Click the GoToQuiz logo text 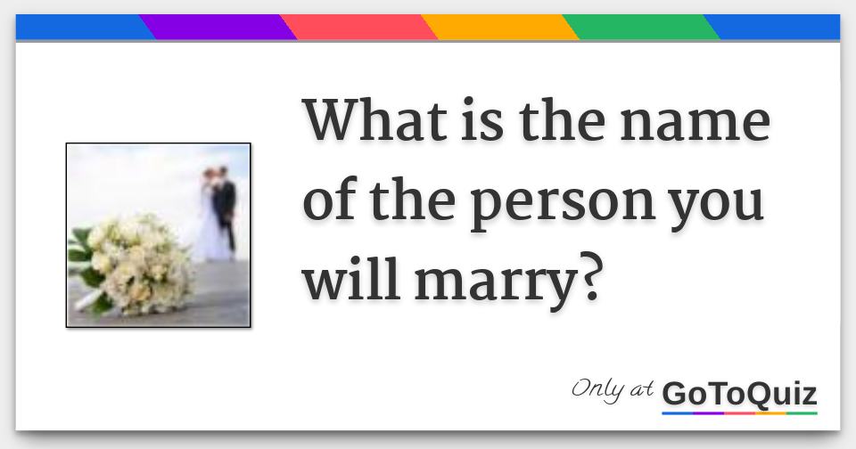coord(739,393)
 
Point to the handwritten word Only coord(597,389)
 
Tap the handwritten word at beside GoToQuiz coord(642,391)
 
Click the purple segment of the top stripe coord(218,28)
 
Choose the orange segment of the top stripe coord(499,28)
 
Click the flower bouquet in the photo coord(129,263)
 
